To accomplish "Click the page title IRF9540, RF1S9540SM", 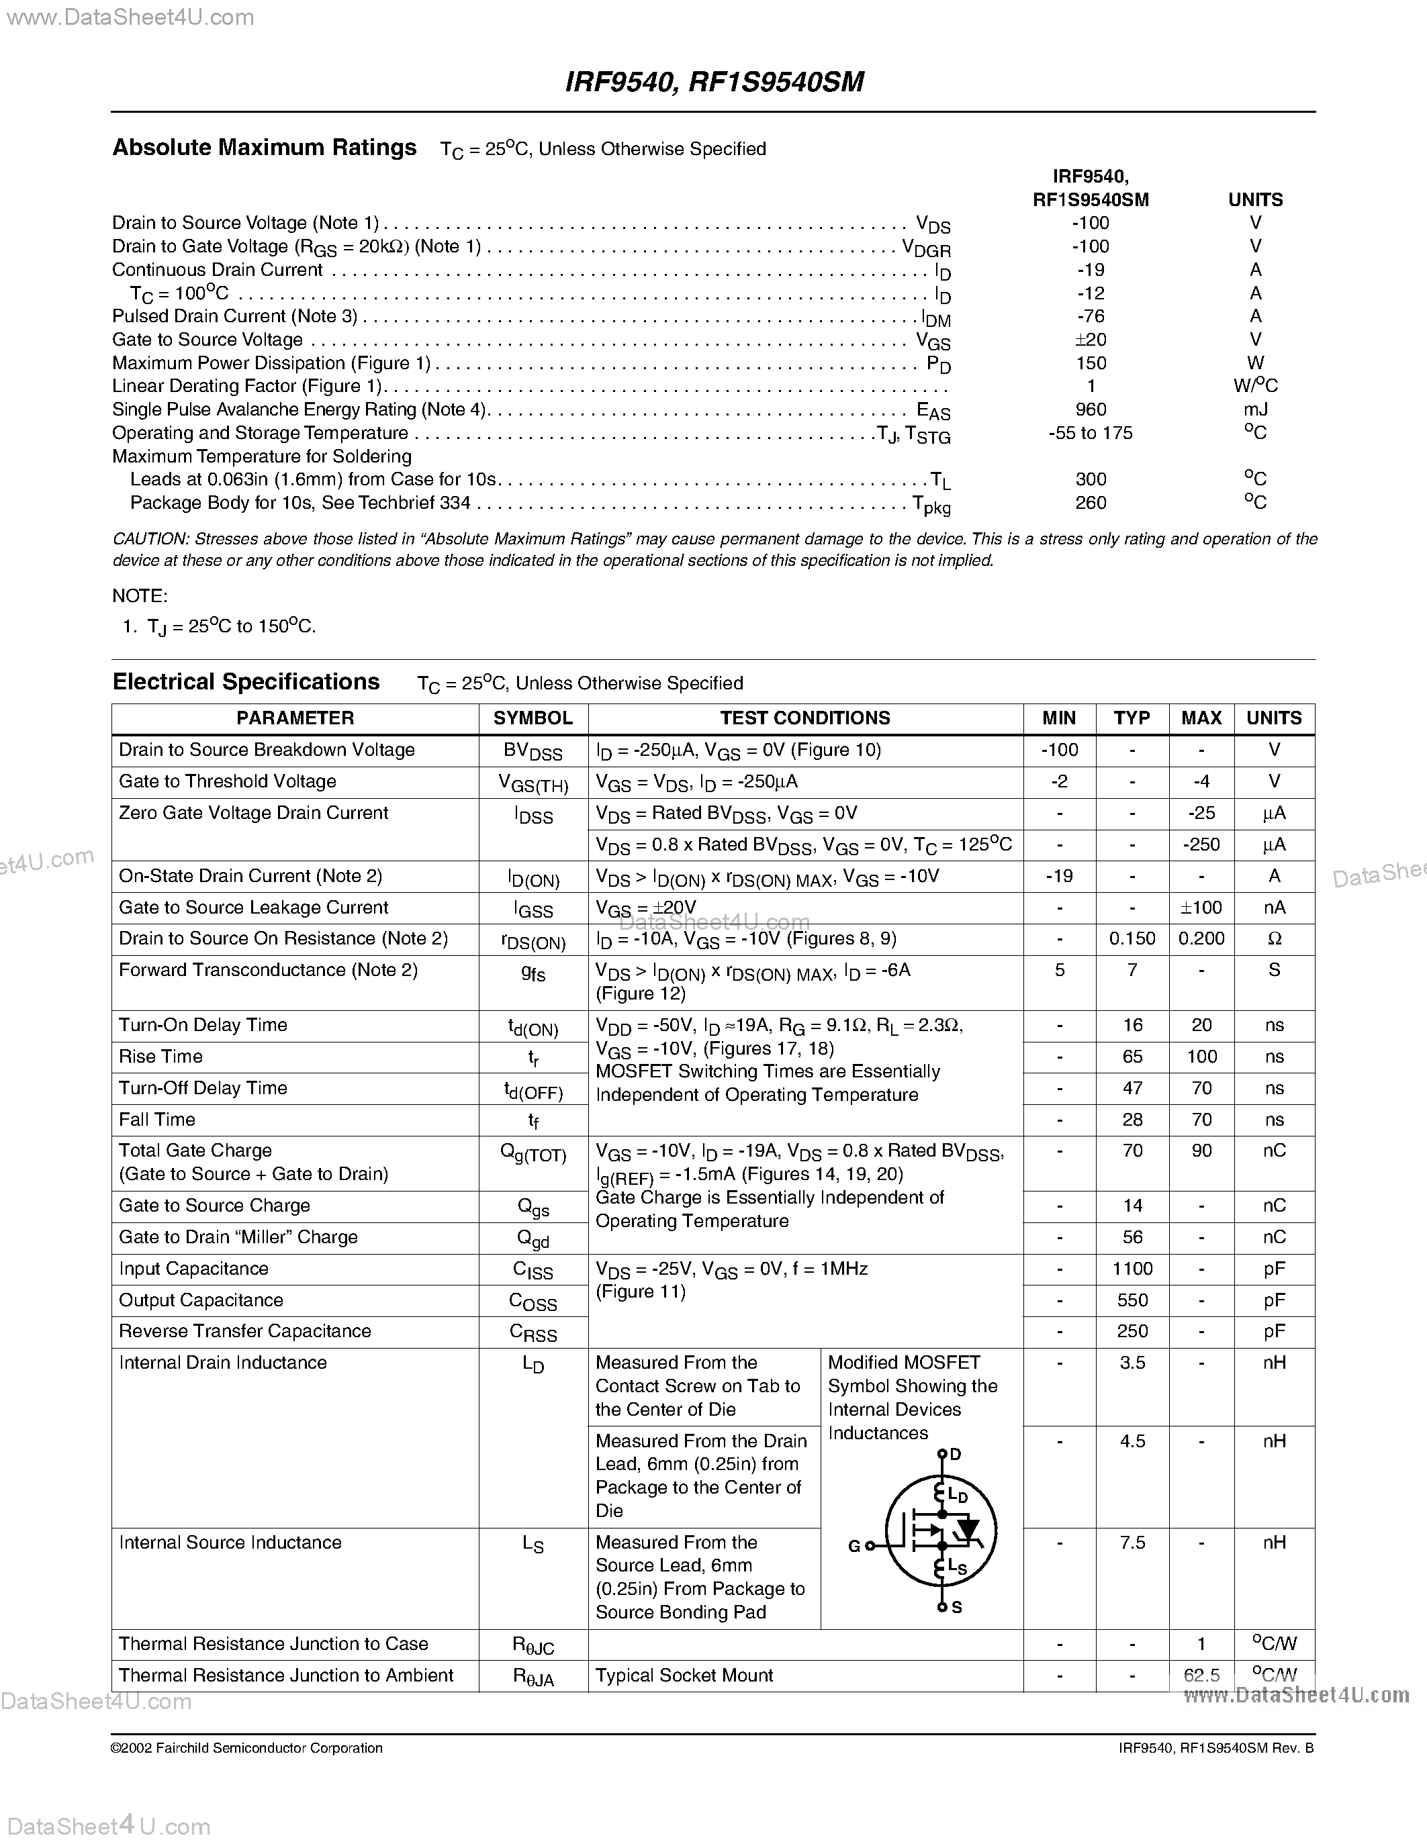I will click(x=713, y=82).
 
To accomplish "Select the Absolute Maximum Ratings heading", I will click(x=264, y=148).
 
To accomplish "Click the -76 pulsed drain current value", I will click(x=1091, y=316).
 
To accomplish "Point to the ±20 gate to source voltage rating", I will click(x=1091, y=340).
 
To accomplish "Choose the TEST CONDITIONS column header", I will click(x=804, y=718).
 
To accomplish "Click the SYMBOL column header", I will click(x=533, y=718).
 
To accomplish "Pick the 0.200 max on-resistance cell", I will click(x=1201, y=939).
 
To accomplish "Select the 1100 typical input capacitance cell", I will click(x=1132, y=1269).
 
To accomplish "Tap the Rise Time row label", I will click(x=160, y=1057).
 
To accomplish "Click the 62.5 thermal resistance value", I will click(x=1201, y=1675).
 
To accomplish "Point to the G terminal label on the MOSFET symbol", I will click(x=854, y=1546).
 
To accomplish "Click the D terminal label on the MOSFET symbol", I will click(x=956, y=1455).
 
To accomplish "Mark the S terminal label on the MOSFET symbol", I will click(x=957, y=1608).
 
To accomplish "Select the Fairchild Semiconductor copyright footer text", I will click(x=247, y=1748).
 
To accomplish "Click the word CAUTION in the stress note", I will click(x=150, y=539).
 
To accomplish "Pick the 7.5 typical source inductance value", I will click(x=1132, y=1543).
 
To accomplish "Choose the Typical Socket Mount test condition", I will click(x=684, y=1675).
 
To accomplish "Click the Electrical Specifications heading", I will click(x=246, y=682).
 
